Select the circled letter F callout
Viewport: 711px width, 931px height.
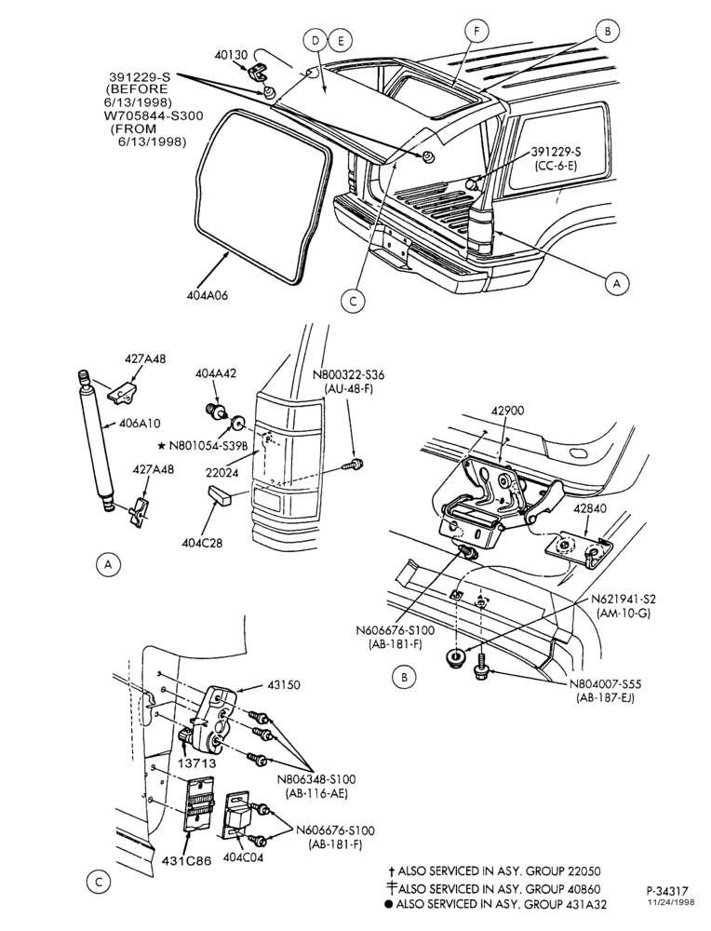pos(477,31)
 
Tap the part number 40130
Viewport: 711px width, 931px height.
pos(231,55)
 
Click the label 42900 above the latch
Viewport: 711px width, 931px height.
pos(507,411)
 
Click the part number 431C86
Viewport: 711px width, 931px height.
pos(187,860)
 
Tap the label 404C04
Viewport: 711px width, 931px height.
pos(243,857)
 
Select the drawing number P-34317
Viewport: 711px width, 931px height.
pos(667,891)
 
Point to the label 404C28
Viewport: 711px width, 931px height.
pos(202,542)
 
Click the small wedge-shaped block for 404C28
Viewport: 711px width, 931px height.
pos(220,496)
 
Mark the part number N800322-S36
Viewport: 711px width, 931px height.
pos(348,374)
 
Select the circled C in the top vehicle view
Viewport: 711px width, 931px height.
pos(353,301)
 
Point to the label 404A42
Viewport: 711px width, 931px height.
pos(216,373)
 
